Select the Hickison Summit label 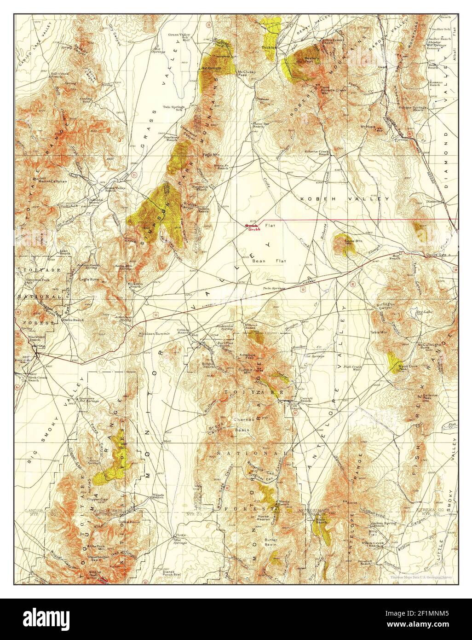[156, 333]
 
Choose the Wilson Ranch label [158, 497]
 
